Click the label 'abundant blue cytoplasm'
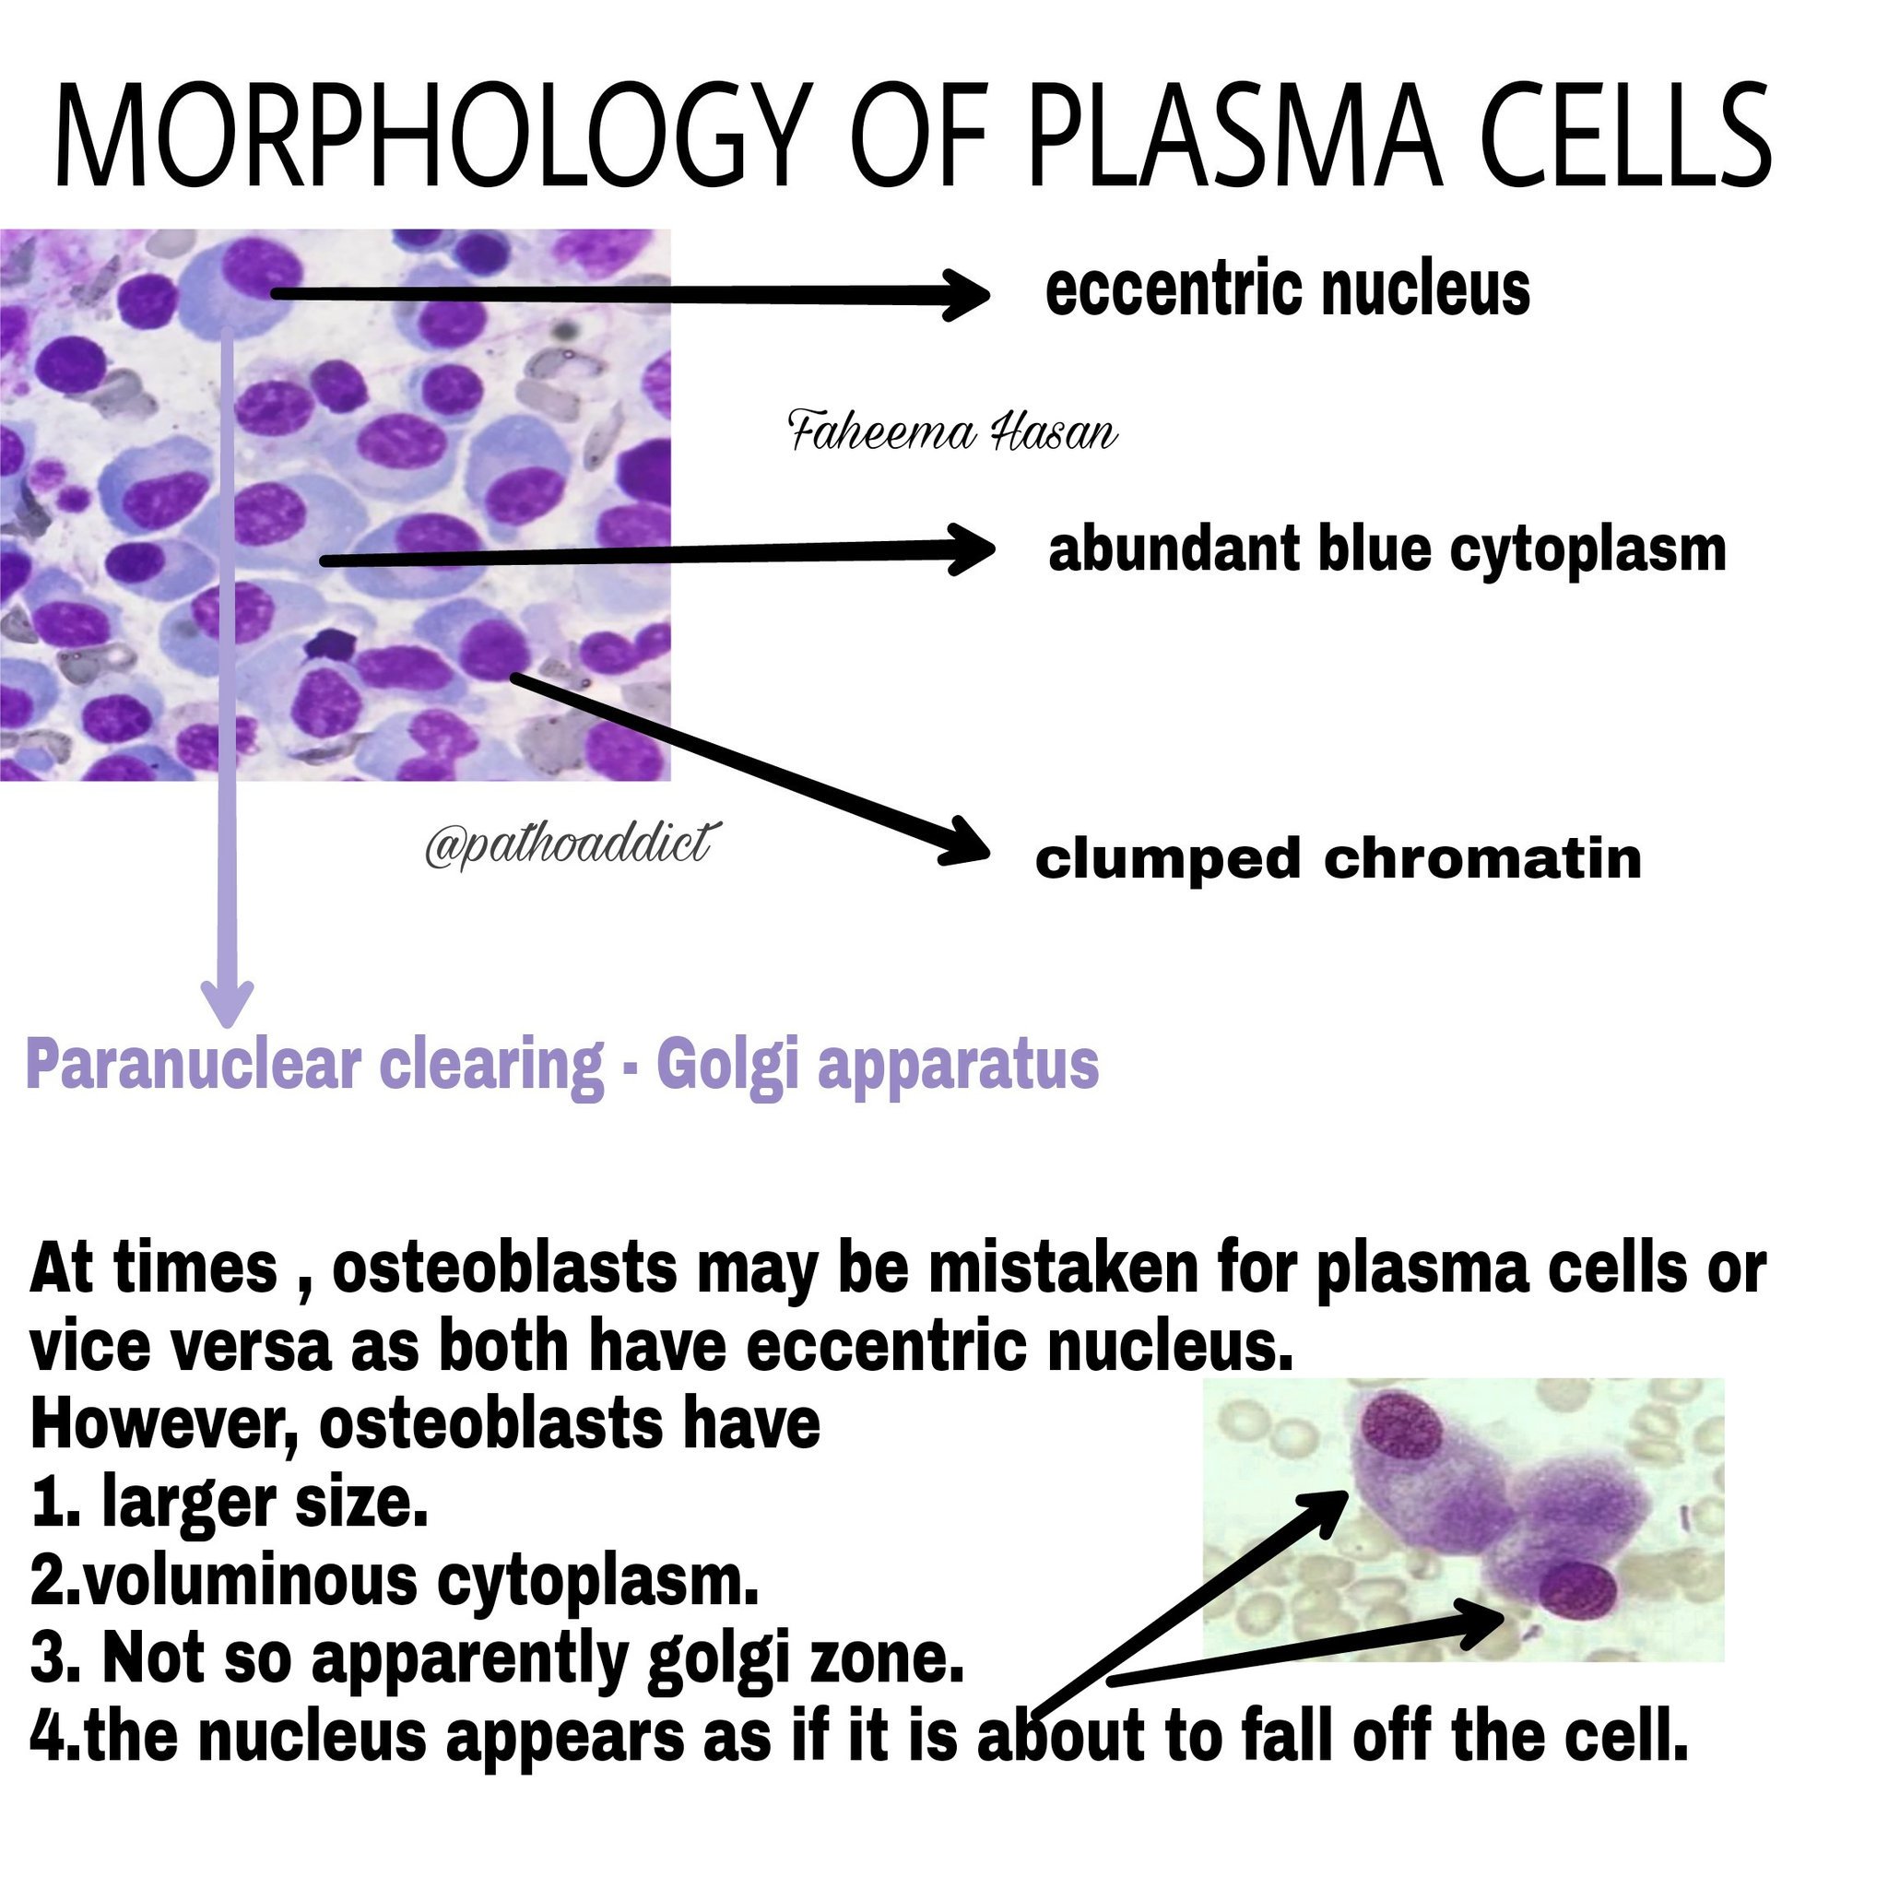click(1386, 550)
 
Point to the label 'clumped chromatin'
click(1338, 859)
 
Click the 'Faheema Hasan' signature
click(953, 432)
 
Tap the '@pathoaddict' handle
click(568, 842)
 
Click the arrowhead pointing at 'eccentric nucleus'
click(967, 292)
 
